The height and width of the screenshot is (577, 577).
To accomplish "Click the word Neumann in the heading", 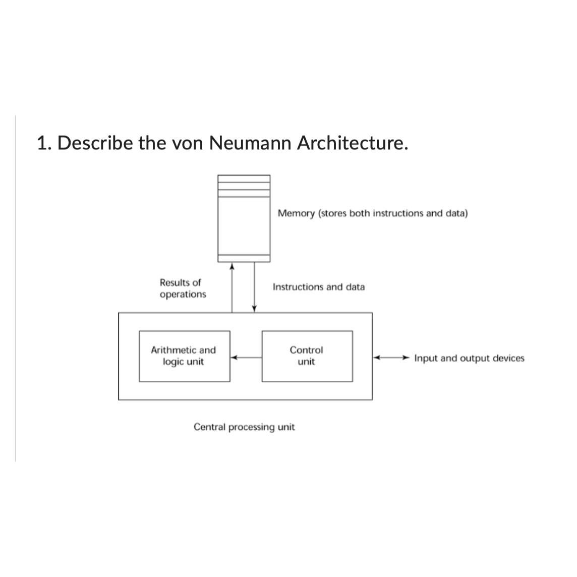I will pyautogui.click(x=250, y=143).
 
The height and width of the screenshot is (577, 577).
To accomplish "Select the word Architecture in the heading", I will pyautogui.click(x=352, y=143).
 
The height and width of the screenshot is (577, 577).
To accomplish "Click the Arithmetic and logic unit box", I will pyautogui.click(x=184, y=356).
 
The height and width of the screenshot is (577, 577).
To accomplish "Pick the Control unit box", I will pyautogui.click(x=307, y=356).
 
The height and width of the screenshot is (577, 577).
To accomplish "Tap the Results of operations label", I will pyautogui.click(x=183, y=288).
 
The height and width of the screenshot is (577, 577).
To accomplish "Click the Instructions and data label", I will pyautogui.click(x=318, y=287).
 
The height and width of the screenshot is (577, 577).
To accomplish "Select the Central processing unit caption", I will pyautogui.click(x=244, y=427).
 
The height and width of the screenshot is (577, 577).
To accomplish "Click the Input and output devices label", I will pyautogui.click(x=469, y=358).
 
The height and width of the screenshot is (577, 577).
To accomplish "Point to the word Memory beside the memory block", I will pyautogui.click(x=296, y=213).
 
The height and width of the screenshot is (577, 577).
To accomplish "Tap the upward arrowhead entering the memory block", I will pyautogui.click(x=232, y=266).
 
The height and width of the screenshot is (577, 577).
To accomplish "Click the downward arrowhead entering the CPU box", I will pyautogui.click(x=254, y=309).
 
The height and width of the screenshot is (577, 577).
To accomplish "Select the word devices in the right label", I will pyautogui.click(x=508, y=358).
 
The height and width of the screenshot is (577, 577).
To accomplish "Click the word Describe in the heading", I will pyautogui.click(x=95, y=143).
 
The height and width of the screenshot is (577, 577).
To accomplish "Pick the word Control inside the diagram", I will pyautogui.click(x=306, y=350).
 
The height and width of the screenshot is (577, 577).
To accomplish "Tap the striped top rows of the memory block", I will pyautogui.click(x=244, y=186).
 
